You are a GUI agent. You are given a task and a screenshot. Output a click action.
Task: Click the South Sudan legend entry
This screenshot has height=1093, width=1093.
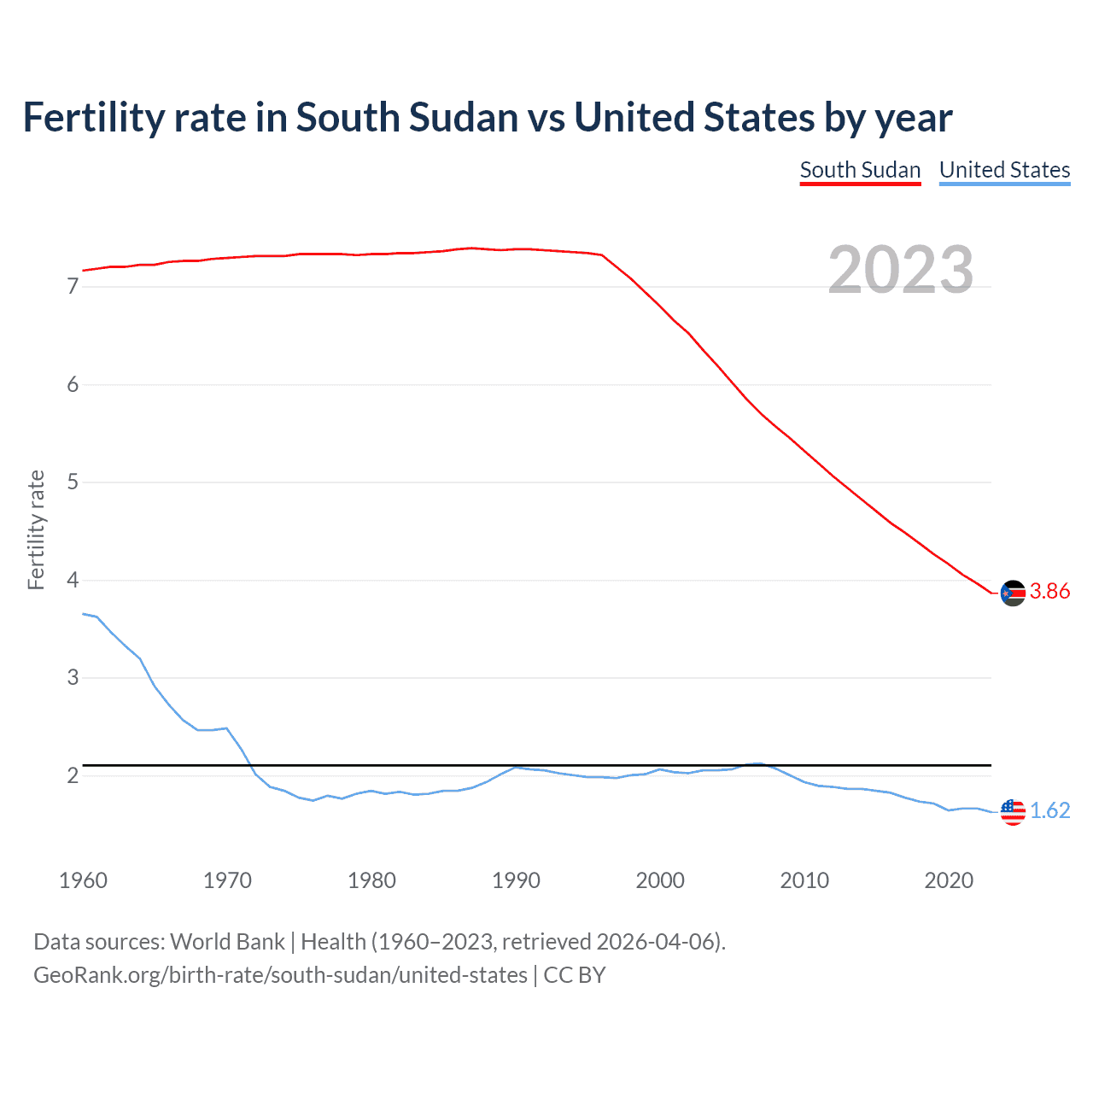(860, 170)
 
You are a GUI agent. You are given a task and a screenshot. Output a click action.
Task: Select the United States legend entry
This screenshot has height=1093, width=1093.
(1004, 170)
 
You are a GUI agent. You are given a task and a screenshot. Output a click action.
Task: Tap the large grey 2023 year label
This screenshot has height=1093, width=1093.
(901, 270)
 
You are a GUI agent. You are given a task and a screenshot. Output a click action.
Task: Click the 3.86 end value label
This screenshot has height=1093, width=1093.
(1049, 592)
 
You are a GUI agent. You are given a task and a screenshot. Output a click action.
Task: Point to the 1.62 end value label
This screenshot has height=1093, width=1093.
(1049, 810)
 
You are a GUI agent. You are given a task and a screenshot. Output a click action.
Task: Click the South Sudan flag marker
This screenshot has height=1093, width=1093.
(1013, 593)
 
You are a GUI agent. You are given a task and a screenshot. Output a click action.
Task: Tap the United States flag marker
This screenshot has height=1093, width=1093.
(1013, 811)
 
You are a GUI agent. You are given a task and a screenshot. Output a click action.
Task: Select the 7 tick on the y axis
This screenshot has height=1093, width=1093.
(73, 287)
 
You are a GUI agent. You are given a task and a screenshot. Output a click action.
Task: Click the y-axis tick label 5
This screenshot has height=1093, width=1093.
(73, 482)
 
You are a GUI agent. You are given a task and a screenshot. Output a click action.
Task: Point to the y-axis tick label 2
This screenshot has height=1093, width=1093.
(73, 776)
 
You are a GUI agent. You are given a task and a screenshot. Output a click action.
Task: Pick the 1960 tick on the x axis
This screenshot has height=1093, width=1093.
(83, 880)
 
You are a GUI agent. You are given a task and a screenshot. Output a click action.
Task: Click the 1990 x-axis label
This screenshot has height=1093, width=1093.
(516, 880)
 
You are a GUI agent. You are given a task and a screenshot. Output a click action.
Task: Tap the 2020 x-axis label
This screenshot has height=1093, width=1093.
(949, 880)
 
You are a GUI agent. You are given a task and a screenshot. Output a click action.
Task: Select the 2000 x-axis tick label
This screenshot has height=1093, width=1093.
(660, 880)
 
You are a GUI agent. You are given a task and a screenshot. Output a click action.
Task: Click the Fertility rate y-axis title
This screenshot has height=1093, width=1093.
(36, 529)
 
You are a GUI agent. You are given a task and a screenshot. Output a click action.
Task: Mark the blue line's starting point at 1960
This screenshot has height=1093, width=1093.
(83, 613)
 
